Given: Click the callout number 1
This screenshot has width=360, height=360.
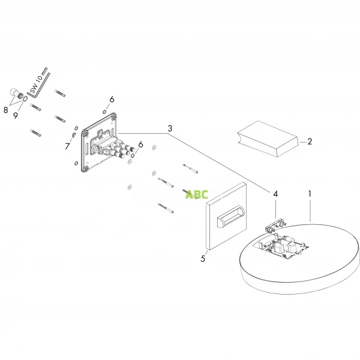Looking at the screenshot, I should pyautogui.click(x=310, y=194).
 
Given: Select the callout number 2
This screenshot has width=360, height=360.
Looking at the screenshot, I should pyautogui.click(x=310, y=142).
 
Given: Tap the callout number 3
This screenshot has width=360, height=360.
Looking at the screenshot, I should pyautogui.click(x=170, y=129).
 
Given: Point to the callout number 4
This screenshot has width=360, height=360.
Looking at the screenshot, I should pyautogui.click(x=275, y=194).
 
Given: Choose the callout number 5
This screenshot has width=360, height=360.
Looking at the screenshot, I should pyautogui.click(x=203, y=260).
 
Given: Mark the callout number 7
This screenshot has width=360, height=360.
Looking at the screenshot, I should pyautogui.click(x=67, y=145).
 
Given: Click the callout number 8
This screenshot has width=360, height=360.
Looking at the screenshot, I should pyautogui.click(x=5, y=110).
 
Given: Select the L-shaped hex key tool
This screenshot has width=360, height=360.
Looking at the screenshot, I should pyautogui.click(x=41, y=84).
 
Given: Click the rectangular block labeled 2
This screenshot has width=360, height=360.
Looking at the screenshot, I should pyautogui.click(x=266, y=138).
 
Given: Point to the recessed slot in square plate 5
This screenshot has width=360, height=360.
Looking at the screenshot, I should pyautogui.click(x=229, y=218).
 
